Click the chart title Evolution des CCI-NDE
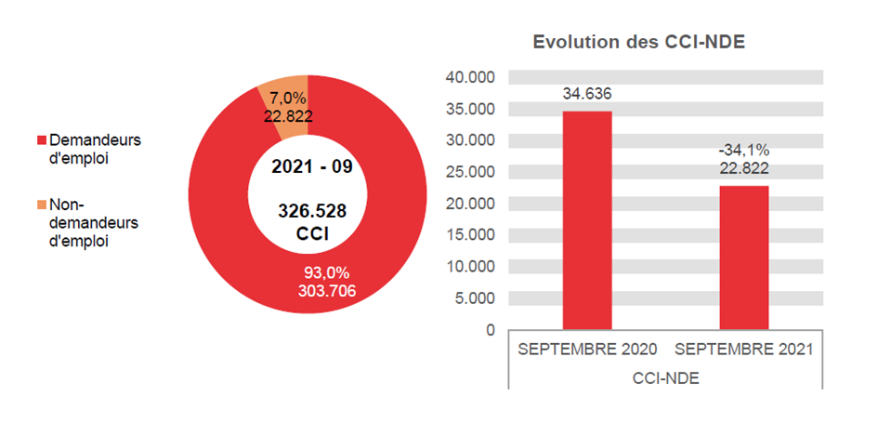pyautogui.click(x=639, y=43)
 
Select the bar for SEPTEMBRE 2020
pyautogui.click(x=586, y=220)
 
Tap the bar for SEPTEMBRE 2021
pyautogui.click(x=743, y=258)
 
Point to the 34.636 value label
pyautogui.click(x=586, y=94)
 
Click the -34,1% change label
pyautogui.click(x=743, y=151)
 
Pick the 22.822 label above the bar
pyautogui.click(x=743, y=168)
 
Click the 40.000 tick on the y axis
pyautogui.click(x=471, y=77)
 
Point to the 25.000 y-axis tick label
pyautogui.click(x=471, y=172)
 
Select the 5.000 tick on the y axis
pyautogui.click(x=475, y=298)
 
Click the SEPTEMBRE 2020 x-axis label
pyautogui.click(x=587, y=350)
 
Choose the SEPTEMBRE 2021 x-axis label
pyautogui.click(x=744, y=350)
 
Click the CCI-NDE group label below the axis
pyautogui.click(x=665, y=378)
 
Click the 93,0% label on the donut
pyautogui.click(x=327, y=273)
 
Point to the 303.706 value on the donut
pyautogui.click(x=327, y=290)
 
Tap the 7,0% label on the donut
pyautogui.click(x=287, y=99)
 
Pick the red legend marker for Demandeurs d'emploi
pyautogui.click(x=41, y=140)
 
